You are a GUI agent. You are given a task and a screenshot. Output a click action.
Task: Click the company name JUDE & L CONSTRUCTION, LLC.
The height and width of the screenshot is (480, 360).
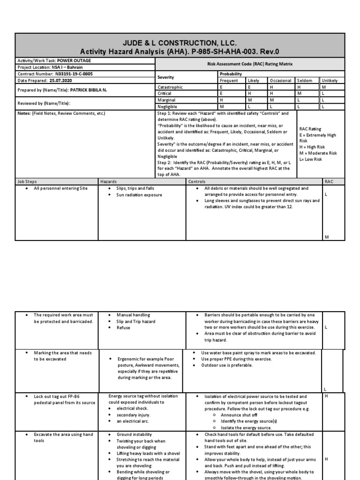pos(180,43)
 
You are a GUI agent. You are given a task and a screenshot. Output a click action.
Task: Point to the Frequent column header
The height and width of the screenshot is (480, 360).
pos(229,81)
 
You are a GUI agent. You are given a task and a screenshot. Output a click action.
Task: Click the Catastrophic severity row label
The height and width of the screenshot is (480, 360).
pos(170,87)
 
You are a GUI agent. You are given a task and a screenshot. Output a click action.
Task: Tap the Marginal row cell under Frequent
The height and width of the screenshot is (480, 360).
pos(221,100)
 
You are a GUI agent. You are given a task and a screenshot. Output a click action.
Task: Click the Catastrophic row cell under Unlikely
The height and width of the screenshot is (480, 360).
pos(323,87)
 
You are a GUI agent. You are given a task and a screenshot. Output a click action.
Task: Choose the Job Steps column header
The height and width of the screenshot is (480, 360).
pos(27,181)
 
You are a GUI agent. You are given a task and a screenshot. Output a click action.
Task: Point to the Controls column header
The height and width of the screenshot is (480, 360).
pos(197,181)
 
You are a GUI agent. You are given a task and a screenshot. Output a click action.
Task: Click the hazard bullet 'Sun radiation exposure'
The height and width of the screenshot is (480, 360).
pos(139,195)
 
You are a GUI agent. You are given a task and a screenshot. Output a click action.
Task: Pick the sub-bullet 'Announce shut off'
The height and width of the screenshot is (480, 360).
pos(239,414)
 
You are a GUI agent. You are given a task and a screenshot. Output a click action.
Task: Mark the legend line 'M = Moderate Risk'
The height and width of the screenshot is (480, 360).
pos(318,153)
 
